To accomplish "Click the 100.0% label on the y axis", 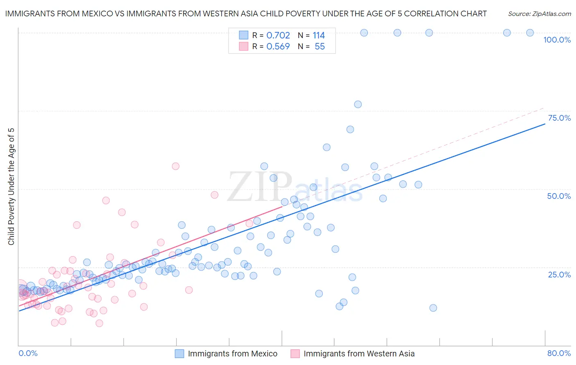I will coord(557,40).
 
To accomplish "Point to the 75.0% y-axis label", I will coord(559,118).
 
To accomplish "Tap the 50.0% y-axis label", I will coord(559,196).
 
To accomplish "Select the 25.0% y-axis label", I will coord(559,275).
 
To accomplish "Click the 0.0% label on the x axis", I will coord(28,353).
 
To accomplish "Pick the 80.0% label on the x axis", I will coord(559,353).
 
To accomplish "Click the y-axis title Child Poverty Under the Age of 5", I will coord(11,187).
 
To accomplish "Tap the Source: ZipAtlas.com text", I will coord(539,14).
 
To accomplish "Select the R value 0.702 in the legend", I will coord(278,36).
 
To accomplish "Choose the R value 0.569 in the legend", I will coord(278,47).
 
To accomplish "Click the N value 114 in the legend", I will coord(318,36).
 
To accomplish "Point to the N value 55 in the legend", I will coord(320,47).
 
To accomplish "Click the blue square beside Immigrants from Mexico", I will coord(179,354).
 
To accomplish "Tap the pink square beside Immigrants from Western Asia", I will coord(295,354).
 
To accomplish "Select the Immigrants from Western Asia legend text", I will coord(359,354).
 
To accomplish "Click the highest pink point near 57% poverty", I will coord(175,166).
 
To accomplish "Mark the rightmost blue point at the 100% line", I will coord(530,33).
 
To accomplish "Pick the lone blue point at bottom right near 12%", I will coord(433,308).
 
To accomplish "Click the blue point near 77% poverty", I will coord(358,104).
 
